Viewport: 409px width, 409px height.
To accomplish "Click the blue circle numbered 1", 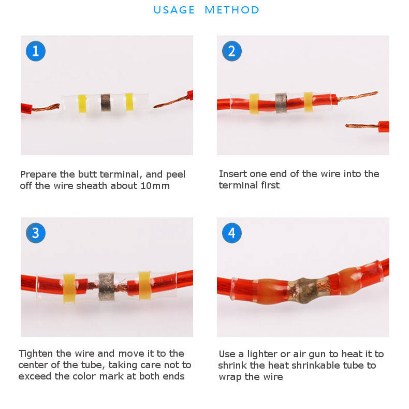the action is click(x=36, y=51).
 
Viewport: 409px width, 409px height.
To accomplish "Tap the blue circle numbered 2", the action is click(x=232, y=51).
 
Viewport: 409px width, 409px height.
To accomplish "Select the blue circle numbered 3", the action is click(x=36, y=233).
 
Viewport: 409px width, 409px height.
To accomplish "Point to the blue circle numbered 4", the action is click(x=232, y=233).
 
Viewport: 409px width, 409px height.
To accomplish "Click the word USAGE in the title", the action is click(x=174, y=10).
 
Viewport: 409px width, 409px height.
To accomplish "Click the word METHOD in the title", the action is click(x=232, y=10).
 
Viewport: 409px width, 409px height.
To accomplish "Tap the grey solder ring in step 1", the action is click(x=106, y=103).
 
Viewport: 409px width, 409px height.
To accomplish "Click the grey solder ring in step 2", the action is click(x=281, y=103).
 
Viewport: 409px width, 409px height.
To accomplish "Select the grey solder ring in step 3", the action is click(x=107, y=287).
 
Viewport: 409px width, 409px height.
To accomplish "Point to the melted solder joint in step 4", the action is click(x=304, y=290).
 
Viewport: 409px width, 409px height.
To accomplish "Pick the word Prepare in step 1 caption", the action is click(x=39, y=174).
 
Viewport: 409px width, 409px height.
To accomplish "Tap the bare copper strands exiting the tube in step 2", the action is click(x=357, y=96).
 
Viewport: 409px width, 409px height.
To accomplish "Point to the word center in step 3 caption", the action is click(x=33, y=365).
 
